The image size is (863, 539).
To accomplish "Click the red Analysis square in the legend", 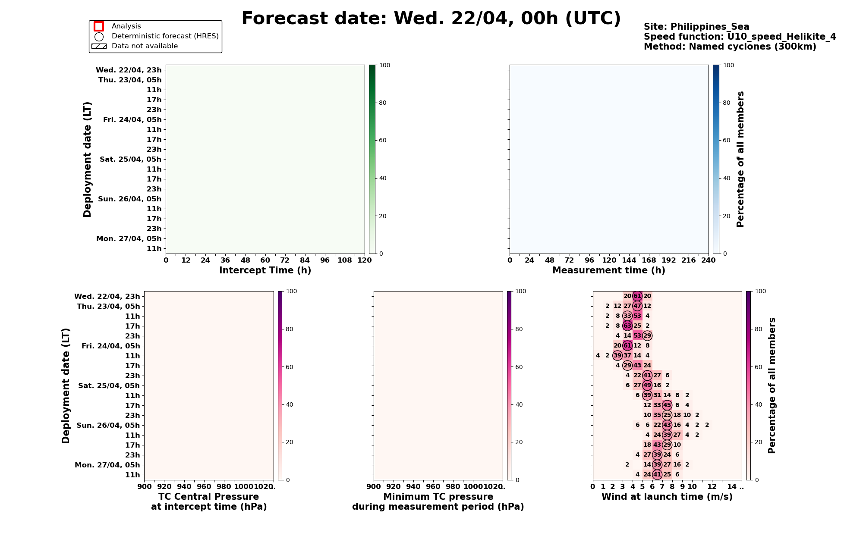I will point(99,26).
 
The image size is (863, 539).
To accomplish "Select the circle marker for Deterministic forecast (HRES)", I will point(99,37).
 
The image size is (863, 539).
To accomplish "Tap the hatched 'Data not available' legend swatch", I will point(99,46).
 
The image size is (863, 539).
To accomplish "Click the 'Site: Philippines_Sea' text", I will point(696,27).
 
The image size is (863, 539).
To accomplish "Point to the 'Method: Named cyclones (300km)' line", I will point(730,47).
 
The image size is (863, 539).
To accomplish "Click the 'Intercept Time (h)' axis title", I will point(265,270).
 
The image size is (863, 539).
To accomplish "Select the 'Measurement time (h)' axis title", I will point(608,270).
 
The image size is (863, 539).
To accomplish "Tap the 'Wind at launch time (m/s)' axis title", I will point(667,497).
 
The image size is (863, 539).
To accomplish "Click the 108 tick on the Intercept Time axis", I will point(345,260).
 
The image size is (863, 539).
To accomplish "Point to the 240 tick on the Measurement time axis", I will point(708,260).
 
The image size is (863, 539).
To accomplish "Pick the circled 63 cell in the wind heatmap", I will point(627,326).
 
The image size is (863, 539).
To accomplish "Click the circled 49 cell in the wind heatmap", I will point(647,385).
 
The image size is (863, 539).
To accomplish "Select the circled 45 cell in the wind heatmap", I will point(667,405).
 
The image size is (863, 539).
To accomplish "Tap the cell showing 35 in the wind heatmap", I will point(657,415).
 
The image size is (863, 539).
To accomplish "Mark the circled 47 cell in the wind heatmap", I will point(637,306).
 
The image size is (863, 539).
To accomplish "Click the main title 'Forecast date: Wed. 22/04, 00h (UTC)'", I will point(431,19).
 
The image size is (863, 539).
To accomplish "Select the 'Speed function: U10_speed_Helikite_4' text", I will point(740,37).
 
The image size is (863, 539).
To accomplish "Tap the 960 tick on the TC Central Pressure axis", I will point(204,487).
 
